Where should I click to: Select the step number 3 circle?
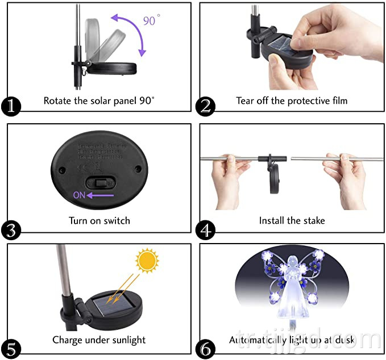click(11, 230)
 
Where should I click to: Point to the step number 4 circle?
click(206, 230)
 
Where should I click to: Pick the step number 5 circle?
click(11, 348)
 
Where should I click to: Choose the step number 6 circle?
click(206, 348)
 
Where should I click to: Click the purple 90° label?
click(150, 21)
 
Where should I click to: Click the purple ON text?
click(79, 195)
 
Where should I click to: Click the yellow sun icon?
click(147, 262)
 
